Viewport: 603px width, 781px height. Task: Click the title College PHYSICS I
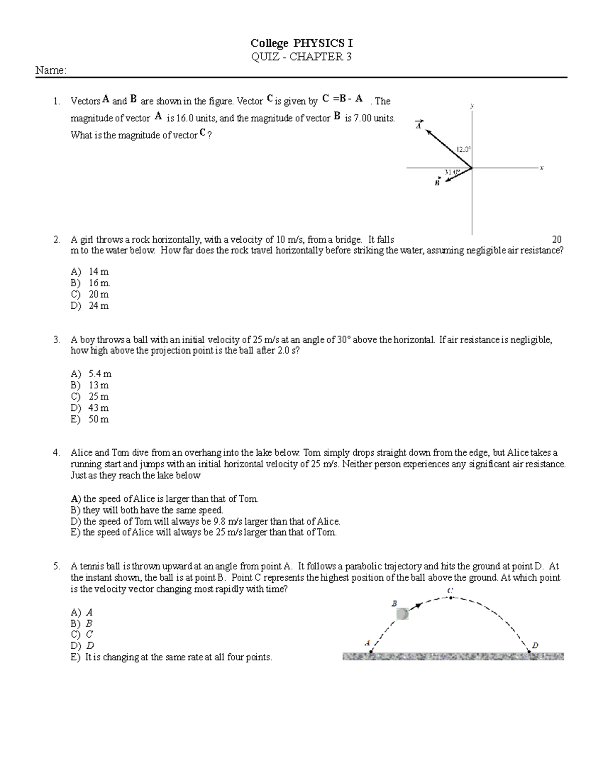click(301, 44)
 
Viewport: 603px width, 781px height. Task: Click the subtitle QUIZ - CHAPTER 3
click(301, 57)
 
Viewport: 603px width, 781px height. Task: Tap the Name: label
click(50, 71)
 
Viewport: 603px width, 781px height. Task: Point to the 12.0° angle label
click(463, 149)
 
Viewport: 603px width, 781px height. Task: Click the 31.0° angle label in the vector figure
click(452, 172)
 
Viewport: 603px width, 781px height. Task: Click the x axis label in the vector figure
click(542, 168)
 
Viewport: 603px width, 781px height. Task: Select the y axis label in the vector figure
click(472, 106)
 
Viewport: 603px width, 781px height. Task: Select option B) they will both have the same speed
click(147, 510)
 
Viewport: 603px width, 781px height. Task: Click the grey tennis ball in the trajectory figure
click(403, 614)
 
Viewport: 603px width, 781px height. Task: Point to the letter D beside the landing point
click(535, 645)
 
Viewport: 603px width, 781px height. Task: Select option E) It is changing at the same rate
click(171, 657)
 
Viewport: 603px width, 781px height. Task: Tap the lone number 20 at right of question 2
click(557, 240)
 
